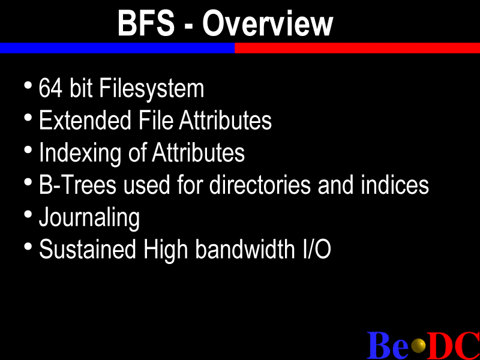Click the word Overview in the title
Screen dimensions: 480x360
pos(268,23)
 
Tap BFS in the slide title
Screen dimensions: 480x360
pos(146,23)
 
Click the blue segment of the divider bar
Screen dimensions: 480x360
pos(117,48)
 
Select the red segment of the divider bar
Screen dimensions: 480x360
pos(357,48)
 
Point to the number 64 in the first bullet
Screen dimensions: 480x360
pos(51,88)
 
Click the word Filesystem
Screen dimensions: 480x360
pos(152,89)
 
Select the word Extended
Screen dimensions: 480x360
pos(85,121)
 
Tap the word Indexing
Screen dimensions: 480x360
pos(80,153)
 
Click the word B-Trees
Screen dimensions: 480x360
pos(78,185)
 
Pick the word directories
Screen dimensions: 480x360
pos(260,185)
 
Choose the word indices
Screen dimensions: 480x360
pos(395,185)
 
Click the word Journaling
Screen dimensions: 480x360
pos(89,218)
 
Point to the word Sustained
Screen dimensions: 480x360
pos(88,249)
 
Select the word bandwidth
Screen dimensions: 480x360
pos(245,249)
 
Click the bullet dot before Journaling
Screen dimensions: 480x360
pos(28,214)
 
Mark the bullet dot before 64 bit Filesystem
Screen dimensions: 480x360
pos(28,85)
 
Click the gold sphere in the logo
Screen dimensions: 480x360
pos(418,346)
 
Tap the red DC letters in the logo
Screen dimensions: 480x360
pos(453,346)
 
